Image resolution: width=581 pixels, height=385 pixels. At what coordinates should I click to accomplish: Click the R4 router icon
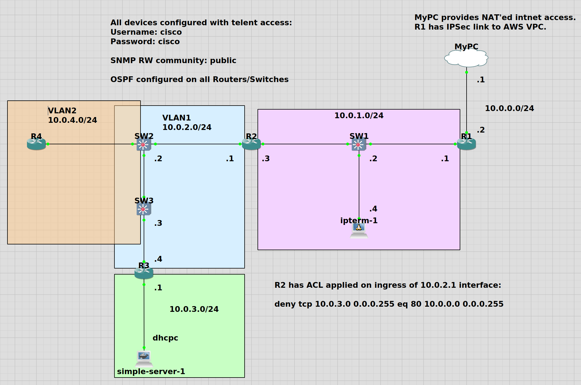point(36,144)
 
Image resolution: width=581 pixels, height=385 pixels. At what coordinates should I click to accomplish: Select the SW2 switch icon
point(144,145)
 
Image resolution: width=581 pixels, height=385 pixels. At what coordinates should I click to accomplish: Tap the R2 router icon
point(251,144)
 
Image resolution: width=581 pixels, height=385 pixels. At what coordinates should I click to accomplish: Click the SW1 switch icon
point(359,145)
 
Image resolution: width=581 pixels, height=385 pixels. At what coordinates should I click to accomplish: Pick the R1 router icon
point(466,144)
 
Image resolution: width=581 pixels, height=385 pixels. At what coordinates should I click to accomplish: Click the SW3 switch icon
point(144,209)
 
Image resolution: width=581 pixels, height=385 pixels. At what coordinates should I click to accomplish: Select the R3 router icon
point(144,273)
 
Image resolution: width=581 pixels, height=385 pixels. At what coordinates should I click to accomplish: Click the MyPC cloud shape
point(466,58)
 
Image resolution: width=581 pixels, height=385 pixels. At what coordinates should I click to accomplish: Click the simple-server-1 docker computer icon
point(144,359)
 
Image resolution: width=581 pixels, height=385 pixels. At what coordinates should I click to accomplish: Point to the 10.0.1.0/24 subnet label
point(359,116)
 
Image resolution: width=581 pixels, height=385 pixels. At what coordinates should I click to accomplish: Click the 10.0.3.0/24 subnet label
point(194,309)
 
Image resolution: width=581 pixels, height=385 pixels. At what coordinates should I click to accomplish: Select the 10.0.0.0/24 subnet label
point(509,108)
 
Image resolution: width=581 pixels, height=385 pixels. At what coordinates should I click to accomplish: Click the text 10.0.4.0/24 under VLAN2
point(72,120)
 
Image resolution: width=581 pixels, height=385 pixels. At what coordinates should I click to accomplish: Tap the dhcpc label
point(165,338)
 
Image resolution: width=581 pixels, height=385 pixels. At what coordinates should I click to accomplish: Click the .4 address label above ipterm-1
point(373,209)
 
